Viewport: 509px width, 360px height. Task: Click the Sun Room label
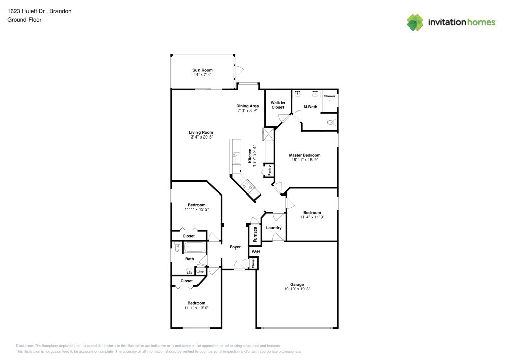click(x=202, y=70)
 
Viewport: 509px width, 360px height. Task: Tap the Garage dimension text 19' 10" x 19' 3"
click(x=297, y=289)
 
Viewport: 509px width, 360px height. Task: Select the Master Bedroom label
click(x=304, y=155)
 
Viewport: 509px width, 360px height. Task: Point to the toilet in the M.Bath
click(x=332, y=122)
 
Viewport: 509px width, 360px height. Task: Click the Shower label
click(x=329, y=96)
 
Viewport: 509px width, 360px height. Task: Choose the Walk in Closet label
click(x=277, y=105)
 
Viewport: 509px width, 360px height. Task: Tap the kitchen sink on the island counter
click(x=236, y=157)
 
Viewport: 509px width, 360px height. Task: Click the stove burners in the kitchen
click(x=248, y=186)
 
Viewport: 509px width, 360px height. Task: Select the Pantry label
click(x=269, y=170)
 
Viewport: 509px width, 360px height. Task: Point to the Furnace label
click(x=255, y=234)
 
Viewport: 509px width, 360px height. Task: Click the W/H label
click(x=256, y=252)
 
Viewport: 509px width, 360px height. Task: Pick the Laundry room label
click(x=274, y=228)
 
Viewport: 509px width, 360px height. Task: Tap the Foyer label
click(x=235, y=247)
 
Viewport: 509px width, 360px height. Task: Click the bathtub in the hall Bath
click(x=195, y=247)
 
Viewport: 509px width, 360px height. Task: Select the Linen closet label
click(x=201, y=271)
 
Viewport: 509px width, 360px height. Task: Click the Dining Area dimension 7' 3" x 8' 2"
click(x=247, y=110)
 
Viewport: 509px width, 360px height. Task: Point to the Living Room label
click(x=201, y=132)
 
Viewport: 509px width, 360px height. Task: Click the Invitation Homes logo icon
click(x=415, y=22)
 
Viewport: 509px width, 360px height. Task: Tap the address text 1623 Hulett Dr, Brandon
click(x=39, y=11)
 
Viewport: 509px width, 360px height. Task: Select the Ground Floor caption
click(x=24, y=20)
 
